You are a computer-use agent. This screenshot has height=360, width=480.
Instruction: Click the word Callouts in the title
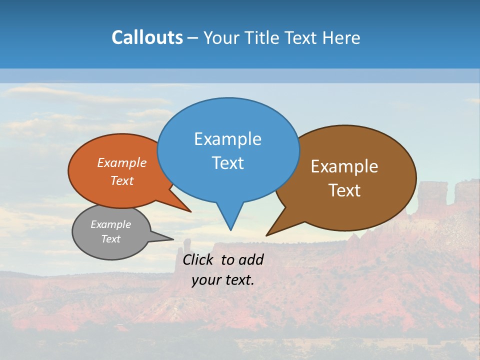pos(147,38)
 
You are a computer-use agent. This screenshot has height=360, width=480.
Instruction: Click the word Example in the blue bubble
pos(227,139)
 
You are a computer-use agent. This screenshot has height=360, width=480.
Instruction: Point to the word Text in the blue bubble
pos(227,163)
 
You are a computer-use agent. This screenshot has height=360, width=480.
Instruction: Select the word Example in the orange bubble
pos(122,163)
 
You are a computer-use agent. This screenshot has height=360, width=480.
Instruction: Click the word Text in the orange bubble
pos(122,180)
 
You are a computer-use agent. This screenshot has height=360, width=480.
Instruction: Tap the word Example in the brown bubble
pos(344,166)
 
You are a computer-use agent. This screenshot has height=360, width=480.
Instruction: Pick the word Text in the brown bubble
pos(344,190)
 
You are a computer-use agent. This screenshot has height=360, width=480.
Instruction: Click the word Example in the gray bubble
pos(110,224)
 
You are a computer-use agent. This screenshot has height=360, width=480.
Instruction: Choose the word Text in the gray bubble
pos(110,239)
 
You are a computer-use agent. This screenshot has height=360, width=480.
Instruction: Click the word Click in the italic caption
pos(199,259)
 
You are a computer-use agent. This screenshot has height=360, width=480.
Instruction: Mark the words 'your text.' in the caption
pos(222,280)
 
